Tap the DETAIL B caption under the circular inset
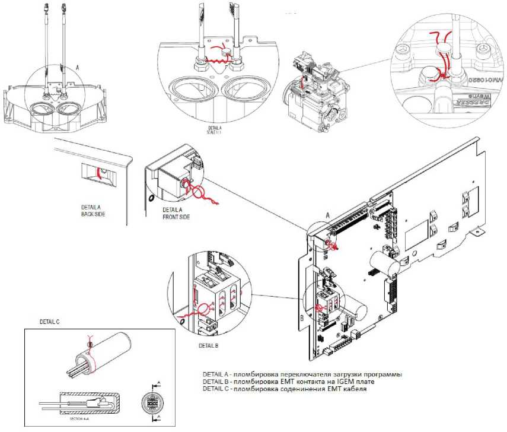point(209,345)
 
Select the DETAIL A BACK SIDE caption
point(93,211)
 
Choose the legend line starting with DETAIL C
point(285,390)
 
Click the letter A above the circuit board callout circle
point(327,215)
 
